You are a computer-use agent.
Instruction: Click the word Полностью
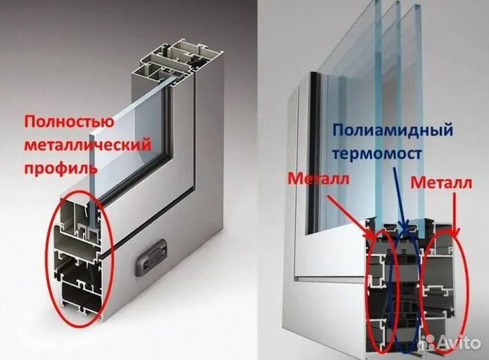tap(69, 124)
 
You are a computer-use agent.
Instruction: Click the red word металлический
tap(88, 145)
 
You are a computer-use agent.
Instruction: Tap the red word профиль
tap(57, 167)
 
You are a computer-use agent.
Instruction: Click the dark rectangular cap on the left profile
tap(151, 259)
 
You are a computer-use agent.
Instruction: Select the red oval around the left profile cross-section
tap(52, 258)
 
